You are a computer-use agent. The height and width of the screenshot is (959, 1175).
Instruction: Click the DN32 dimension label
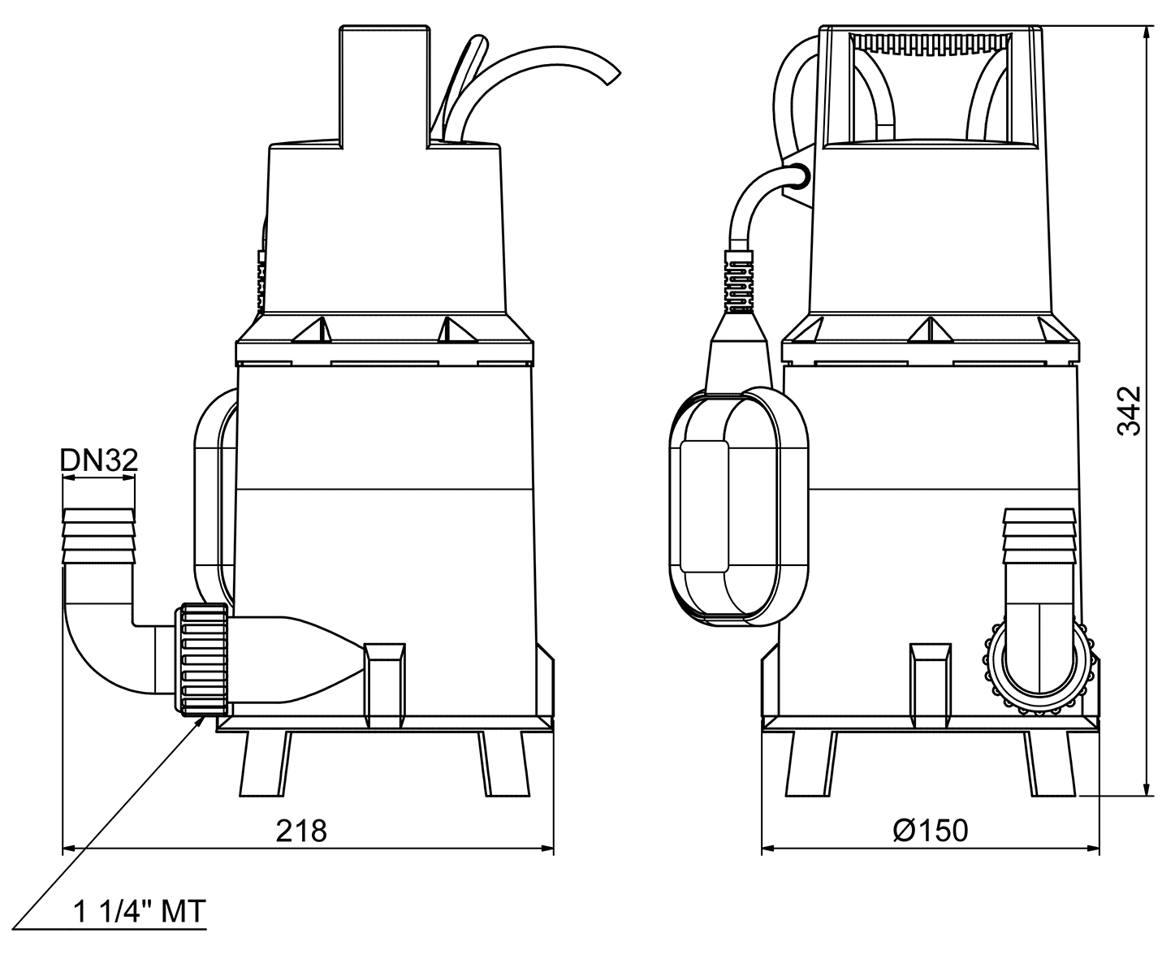pos(99,460)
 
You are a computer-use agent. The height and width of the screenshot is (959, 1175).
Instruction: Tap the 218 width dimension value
pos(301,831)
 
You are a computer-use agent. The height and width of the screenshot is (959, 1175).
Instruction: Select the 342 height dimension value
pos(1130,411)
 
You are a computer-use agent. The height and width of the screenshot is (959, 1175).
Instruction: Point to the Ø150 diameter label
pos(930,831)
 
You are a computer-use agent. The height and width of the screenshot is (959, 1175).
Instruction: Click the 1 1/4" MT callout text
pos(140,911)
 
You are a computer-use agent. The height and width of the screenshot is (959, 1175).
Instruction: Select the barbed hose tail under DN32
pos(99,536)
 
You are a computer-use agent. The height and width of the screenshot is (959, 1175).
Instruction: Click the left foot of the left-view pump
pos(264,764)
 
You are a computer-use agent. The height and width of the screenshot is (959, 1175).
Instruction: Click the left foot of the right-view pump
pos(809,764)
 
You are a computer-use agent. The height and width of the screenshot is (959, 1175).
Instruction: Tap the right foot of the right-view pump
pos(1051,764)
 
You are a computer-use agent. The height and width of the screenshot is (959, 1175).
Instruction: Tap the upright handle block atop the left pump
pos(382,85)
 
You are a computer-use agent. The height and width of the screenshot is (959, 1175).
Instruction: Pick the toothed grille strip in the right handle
pos(931,44)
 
